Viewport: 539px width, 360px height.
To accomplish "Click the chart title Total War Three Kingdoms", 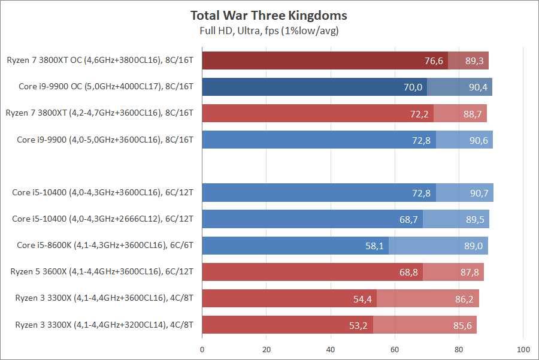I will (269, 16).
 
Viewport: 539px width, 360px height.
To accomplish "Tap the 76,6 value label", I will (433, 60).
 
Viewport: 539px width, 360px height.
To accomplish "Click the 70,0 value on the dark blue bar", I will (413, 87).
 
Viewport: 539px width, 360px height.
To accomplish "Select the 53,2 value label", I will (359, 325).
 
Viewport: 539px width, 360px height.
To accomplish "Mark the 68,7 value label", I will (408, 219).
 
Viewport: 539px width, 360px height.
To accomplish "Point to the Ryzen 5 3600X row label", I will (102, 271).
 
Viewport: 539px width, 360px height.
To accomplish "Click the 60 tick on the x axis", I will (395, 349).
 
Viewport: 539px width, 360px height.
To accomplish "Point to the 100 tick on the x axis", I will (523, 349).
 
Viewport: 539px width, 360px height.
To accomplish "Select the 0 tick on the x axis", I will (202, 349).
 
